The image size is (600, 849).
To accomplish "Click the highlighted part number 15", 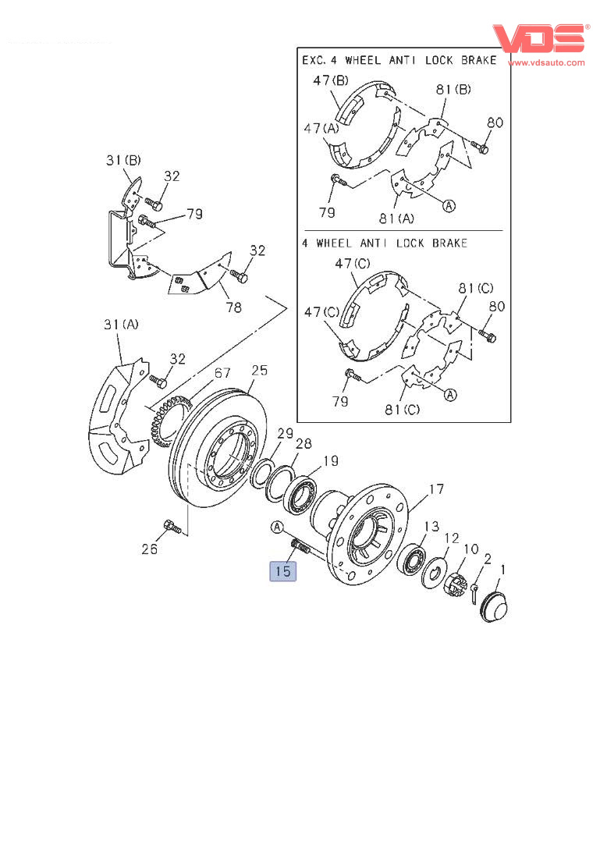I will [x=282, y=571].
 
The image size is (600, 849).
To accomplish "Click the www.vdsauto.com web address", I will [x=545, y=62].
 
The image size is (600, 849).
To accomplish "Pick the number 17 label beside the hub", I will [x=436, y=489].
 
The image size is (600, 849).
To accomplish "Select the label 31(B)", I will [x=123, y=162].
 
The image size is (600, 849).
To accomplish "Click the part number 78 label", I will [x=233, y=307].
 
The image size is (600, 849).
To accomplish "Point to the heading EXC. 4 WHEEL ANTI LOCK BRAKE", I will [x=399, y=60].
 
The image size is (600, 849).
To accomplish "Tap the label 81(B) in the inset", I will [x=453, y=90].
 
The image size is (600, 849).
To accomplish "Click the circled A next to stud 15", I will [x=277, y=528].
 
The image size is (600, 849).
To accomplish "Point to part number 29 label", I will [x=286, y=433].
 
